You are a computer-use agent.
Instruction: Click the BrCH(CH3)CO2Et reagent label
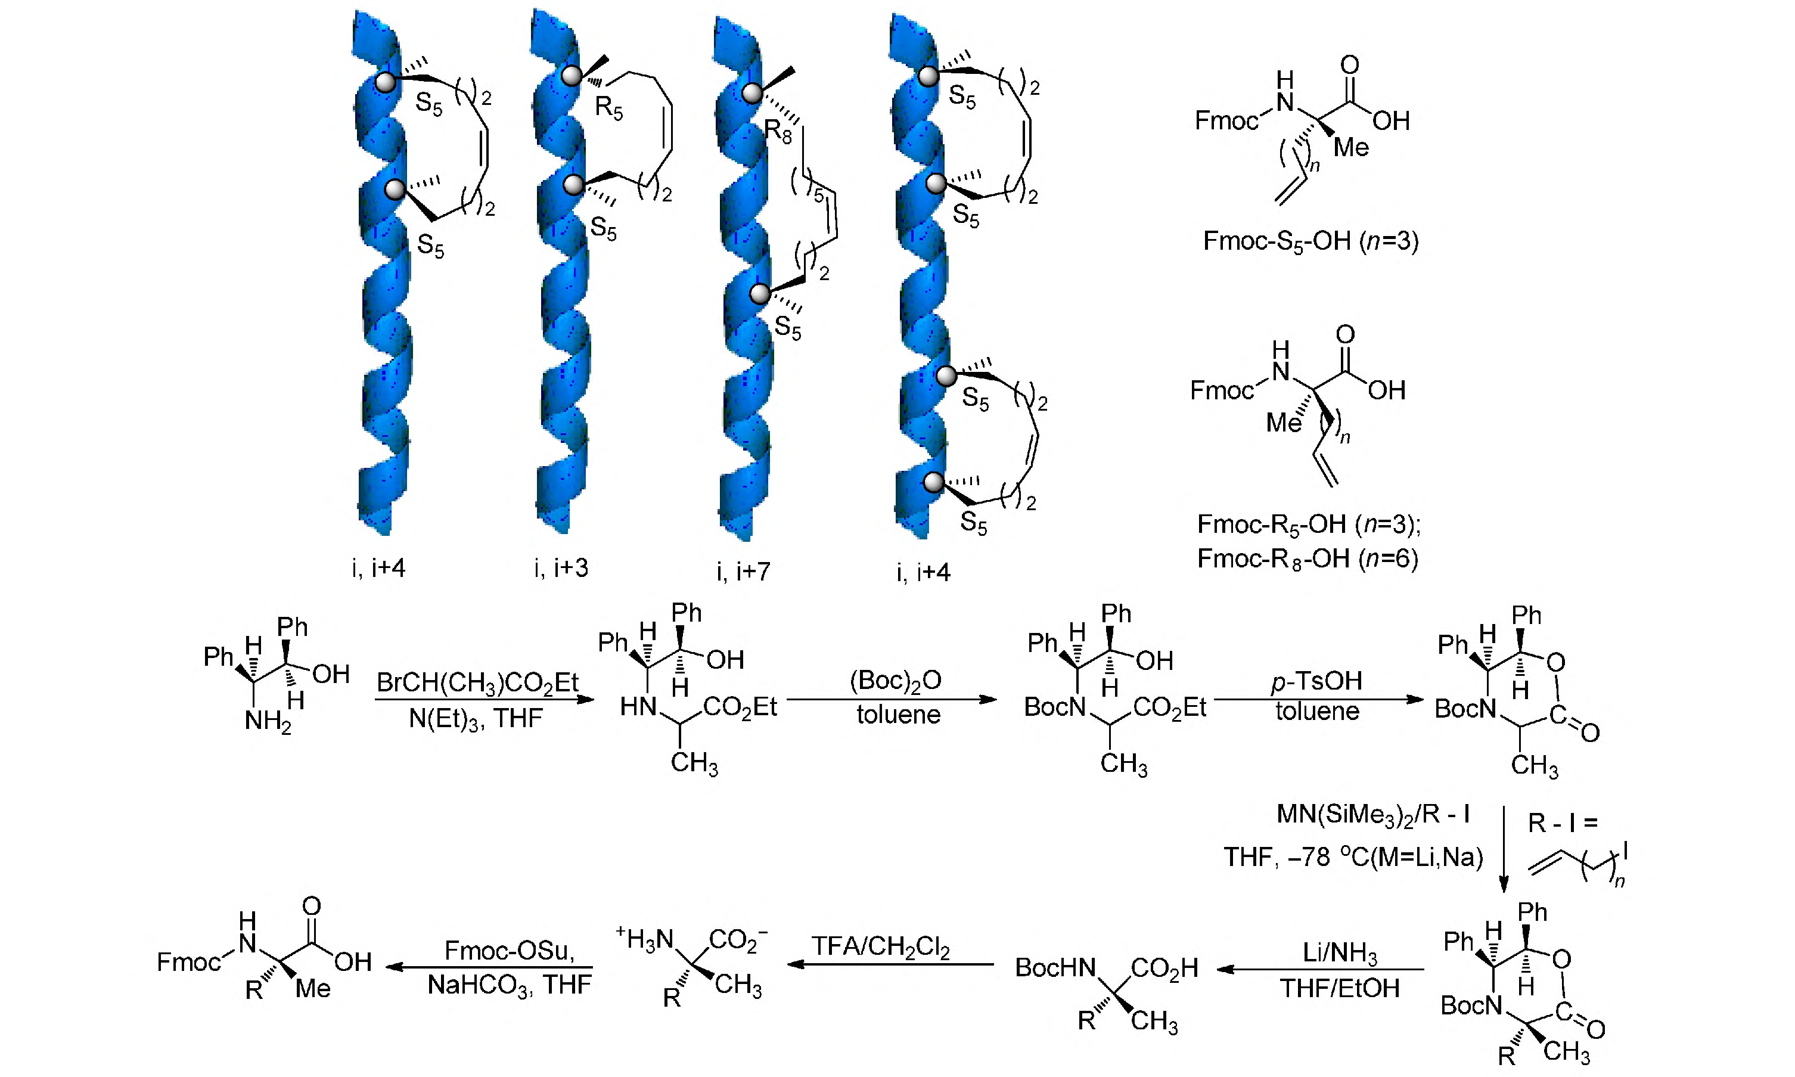[x=477, y=683]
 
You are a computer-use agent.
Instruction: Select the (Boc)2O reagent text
[x=895, y=680]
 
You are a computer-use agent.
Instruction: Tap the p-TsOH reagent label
[x=1317, y=681]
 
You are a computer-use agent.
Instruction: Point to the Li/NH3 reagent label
[x=1339, y=953]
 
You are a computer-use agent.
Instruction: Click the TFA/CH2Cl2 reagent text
[x=880, y=947]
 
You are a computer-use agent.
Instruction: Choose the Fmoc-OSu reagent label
[x=510, y=950]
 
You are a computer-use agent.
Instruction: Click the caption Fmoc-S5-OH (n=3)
[x=1310, y=240]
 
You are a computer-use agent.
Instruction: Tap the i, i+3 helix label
[x=561, y=567]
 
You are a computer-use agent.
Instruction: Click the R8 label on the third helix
[x=778, y=132]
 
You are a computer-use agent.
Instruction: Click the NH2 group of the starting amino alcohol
[x=268, y=721]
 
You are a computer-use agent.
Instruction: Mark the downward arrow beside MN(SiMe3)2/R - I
[x=1504, y=849]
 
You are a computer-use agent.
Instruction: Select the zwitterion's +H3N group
[x=645, y=939]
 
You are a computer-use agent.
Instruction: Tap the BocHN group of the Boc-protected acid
[x=1055, y=967]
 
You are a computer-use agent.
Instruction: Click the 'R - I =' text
[x=1563, y=823]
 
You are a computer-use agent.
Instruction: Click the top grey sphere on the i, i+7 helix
[x=751, y=93]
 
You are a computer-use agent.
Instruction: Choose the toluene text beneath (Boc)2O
[x=898, y=715]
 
